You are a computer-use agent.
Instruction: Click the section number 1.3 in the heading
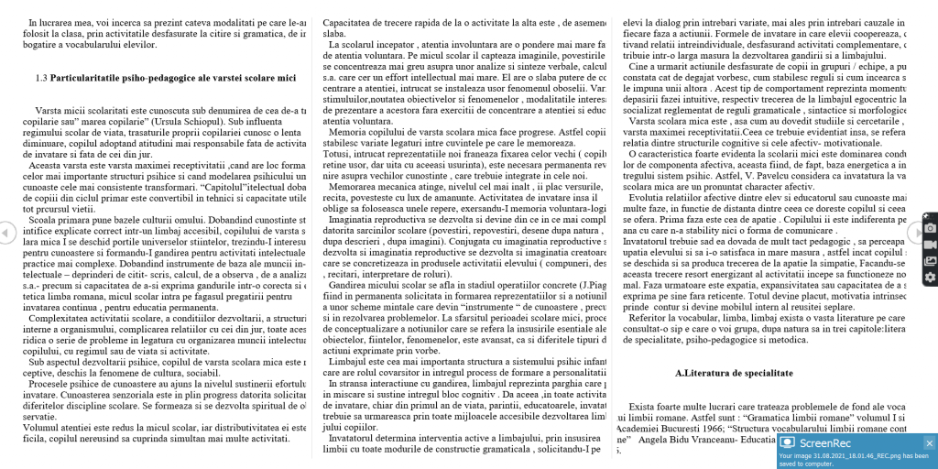[41, 78]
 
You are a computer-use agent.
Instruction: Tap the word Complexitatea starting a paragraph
[58, 318]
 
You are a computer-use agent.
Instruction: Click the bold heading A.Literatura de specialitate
[734, 374]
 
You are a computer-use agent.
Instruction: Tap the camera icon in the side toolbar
[929, 227]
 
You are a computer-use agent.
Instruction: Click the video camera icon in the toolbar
[929, 245]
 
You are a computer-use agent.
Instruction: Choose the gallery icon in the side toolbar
[929, 261]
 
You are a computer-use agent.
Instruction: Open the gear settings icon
[929, 278]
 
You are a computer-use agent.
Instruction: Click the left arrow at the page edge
[5, 233]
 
